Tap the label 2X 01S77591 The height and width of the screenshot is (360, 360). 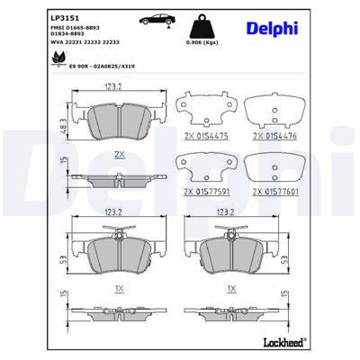tap(206, 192)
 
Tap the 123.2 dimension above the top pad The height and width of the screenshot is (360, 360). tap(112, 88)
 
